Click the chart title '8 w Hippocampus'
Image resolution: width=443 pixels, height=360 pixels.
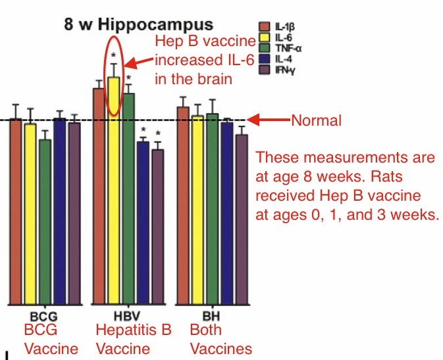138,25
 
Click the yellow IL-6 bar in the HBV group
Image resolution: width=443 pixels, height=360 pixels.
115,191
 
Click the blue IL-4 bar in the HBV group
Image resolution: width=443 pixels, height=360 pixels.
143,223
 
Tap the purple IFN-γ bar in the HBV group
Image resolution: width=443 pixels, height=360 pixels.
157,227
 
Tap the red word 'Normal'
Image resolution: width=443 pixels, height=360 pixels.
316,120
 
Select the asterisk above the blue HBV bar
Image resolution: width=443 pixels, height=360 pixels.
143,130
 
